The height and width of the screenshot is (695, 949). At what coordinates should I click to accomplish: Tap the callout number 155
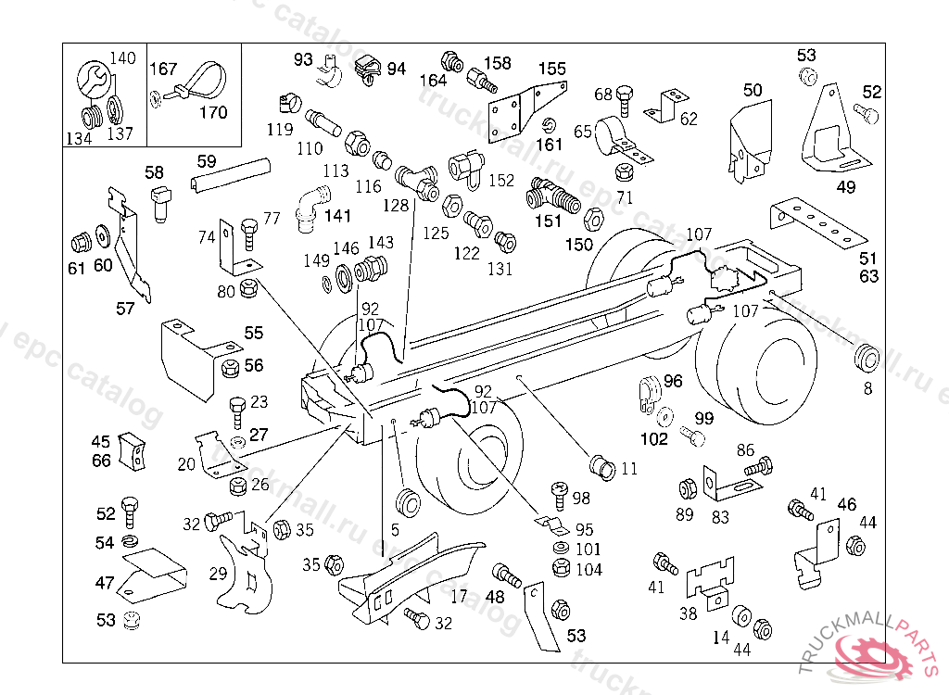(552, 69)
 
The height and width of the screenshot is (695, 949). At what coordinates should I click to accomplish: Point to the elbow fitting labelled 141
(310, 205)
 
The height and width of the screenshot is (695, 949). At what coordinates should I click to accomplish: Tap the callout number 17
(459, 597)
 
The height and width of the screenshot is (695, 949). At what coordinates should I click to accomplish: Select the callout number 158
(497, 63)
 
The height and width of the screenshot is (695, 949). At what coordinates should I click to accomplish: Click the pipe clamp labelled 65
(614, 136)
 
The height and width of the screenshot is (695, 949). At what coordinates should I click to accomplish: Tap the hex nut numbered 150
(593, 220)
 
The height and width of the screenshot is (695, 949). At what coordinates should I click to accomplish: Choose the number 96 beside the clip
(673, 381)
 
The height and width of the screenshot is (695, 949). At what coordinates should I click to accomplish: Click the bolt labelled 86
(758, 467)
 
